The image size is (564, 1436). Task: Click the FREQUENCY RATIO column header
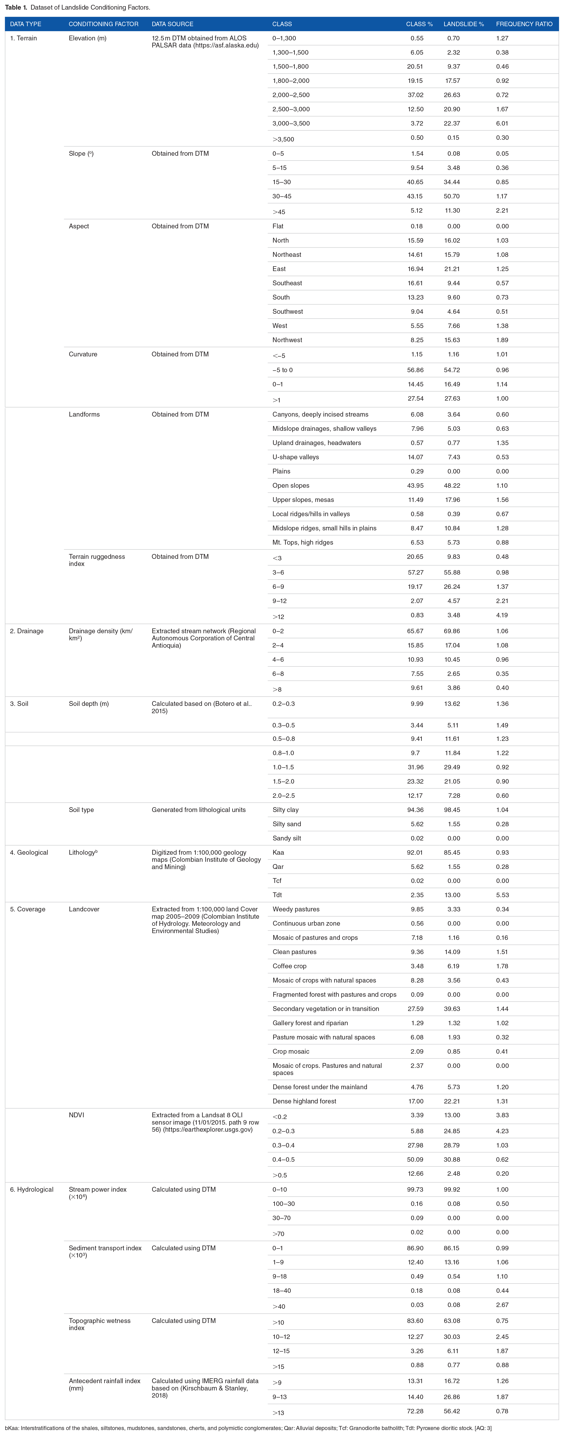524,24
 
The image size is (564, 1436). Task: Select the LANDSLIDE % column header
464,24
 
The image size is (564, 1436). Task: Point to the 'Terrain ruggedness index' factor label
97,560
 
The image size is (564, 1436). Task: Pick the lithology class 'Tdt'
277,895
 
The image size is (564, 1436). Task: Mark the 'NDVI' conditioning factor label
76,1115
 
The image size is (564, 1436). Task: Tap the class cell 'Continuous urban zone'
306,923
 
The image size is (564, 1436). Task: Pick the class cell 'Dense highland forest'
305,1101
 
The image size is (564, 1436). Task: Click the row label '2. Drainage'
27,631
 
